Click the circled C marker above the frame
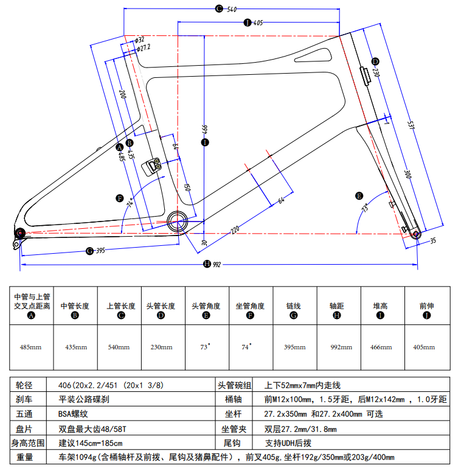pos(219,9)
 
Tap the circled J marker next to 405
pos(247,23)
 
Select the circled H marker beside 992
pos(207,263)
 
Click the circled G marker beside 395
pos(89,250)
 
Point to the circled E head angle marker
pos(359,195)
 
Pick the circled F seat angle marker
pos(120,198)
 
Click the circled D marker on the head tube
pos(375,61)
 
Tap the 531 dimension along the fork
pos(411,124)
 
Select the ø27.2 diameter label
pos(144,47)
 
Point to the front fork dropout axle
pos(417,234)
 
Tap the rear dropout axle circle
pos(19,232)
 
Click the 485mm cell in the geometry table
pos(30,347)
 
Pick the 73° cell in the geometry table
pos(206,347)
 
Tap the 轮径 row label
pos(24,386)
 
